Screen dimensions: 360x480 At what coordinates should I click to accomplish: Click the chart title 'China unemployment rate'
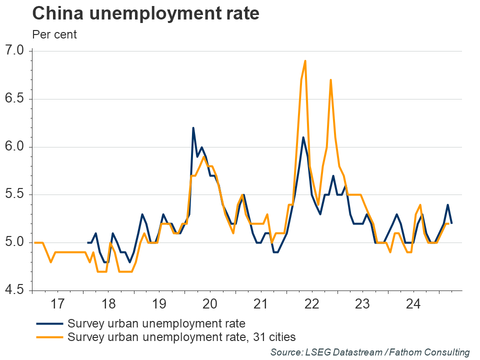(x=145, y=13)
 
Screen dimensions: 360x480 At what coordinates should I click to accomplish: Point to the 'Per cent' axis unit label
(x=54, y=35)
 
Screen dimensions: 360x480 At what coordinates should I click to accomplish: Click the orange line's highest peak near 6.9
(x=305, y=61)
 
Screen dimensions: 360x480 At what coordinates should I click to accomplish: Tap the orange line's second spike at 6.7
(x=330, y=79)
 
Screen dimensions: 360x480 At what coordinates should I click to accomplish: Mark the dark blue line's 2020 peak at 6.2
(x=193, y=128)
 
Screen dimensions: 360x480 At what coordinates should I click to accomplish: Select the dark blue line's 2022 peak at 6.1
(x=303, y=137)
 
